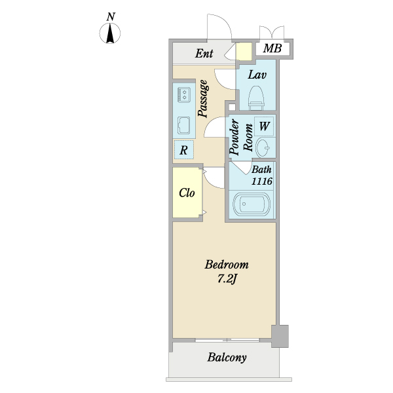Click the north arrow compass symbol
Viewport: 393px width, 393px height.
tap(110, 33)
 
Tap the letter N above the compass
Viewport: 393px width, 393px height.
tap(111, 17)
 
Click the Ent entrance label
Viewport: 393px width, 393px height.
tap(204, 54)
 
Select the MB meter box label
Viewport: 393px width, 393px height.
tap(272, 48)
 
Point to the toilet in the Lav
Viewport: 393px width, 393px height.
tap(256, 98)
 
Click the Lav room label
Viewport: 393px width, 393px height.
tap(257, 75)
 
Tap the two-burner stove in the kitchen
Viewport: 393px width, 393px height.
tap(183, 95)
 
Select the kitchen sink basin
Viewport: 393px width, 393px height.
tap(183, 125)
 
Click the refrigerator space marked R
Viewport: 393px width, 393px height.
tap(183, 150)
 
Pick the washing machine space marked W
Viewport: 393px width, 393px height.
tap(264, 126)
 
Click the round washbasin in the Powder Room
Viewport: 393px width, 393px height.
tap(263, 147)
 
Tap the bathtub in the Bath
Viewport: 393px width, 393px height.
tap(252, 204)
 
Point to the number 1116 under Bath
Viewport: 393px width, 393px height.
tap(262, 181)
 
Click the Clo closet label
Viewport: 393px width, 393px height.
tap(187, 193)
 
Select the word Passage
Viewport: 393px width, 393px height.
tap(203, 99)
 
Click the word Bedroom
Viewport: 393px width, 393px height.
tap(227, 265)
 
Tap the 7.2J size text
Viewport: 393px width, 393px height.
tap(227, 279)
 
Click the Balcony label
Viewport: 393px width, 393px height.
tap(227, 357)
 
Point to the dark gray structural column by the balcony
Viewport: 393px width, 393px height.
tap(280, 336)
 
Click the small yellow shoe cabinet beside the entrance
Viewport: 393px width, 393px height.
tap(244, 51)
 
